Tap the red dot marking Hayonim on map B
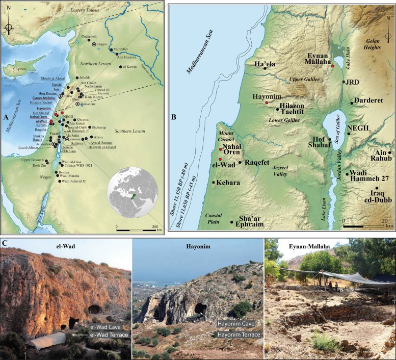(266, 103)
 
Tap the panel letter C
(6, 243)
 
